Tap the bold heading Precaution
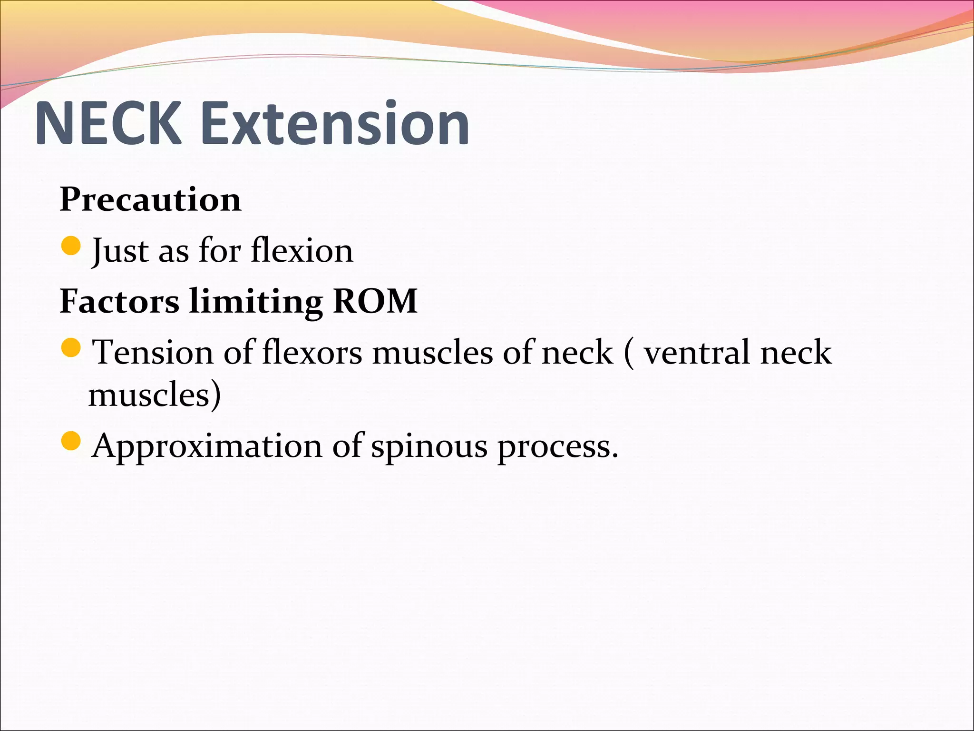(x=150, y=199)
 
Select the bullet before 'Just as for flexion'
(x=72, y=246)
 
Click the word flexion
(x=302, y=250)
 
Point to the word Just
(x=120, y=251)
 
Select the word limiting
(x=256, y=303)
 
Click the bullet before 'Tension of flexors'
(x=72, y=347)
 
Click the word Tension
(x=153, y=353)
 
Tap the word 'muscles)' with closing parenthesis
(x=155, y=395)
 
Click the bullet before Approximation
(x=72, y=441)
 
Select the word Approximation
(x=207, y=446)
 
